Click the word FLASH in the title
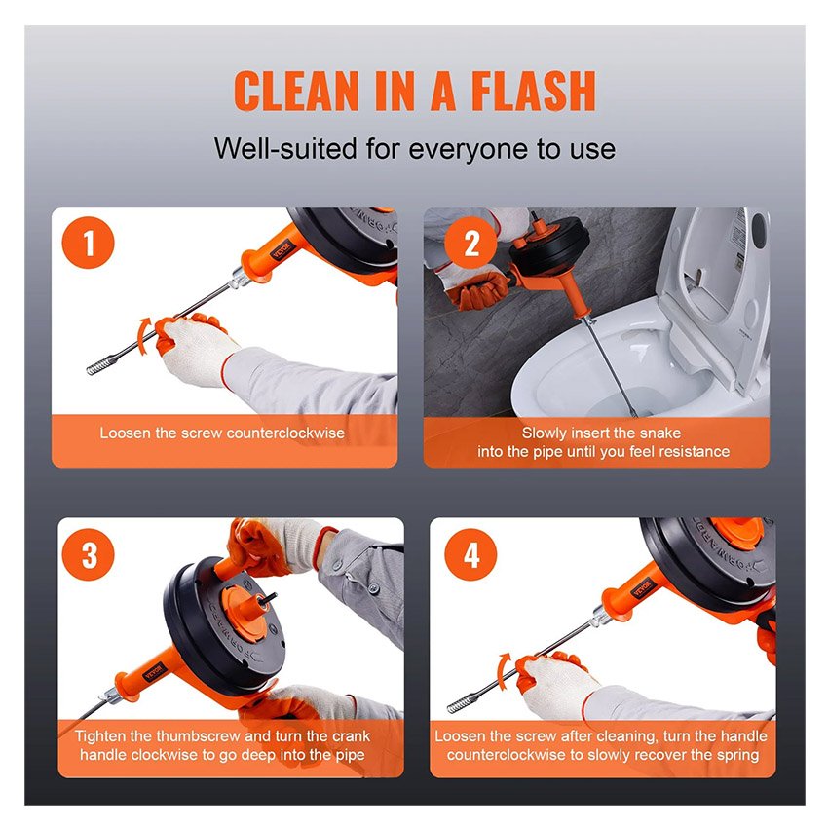coord(534,91)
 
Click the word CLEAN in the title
coord(296,91)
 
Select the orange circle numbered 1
coord(89,243)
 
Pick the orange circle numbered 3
coord(89,554)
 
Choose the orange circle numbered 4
coord(470,554)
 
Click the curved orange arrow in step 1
coord(142,335)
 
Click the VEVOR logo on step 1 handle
coord(281,248)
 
